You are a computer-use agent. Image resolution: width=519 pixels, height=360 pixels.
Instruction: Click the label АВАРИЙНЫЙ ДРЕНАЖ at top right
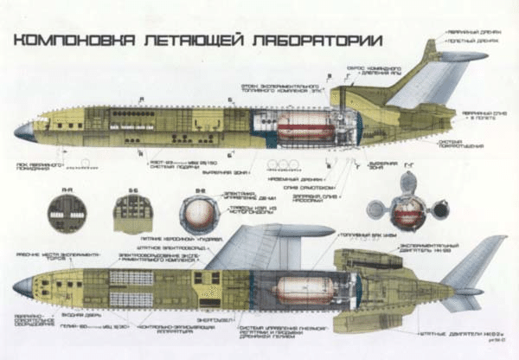click(x=471, y=32)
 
